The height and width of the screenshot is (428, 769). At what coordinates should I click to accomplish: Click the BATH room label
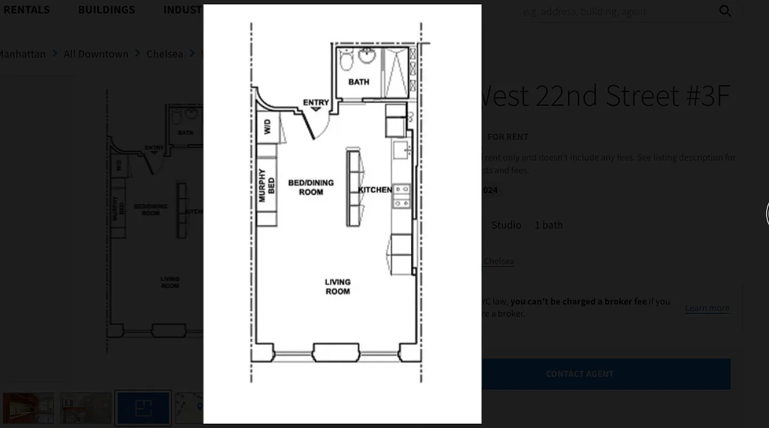pyautogui.click(x=359, y=82)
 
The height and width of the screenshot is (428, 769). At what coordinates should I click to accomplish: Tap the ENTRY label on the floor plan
pyautogui.click(x=316, y=102)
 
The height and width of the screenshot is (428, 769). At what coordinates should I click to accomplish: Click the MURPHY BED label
pyautogui.click(x=267, y=186)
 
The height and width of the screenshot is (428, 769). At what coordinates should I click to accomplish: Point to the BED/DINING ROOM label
pyautogui.click(x=311, y=187)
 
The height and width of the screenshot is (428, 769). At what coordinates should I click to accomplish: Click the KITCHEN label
pyautogui.click(x=375, y=189)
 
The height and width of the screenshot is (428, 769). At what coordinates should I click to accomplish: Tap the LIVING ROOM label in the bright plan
pyautogui.click(x=337, y=286)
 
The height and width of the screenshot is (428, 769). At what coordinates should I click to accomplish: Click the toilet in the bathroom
pyautogui.click(x=346, y=60)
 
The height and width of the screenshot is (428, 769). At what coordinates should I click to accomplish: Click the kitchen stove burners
pyautogui.click(x=402, y=196)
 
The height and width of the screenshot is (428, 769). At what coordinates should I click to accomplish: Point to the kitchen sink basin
pyautogui.click(x=400, y=151)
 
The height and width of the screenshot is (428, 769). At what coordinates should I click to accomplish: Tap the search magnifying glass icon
pyautogui.click(x=725, y=11)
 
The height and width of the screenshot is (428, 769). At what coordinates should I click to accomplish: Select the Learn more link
pyautogui.click(x=706, y=308)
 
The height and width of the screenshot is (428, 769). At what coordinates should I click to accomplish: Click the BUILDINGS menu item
pyautogui.click(x=106, y=10)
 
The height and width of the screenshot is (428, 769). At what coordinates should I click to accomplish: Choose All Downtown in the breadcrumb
pyautogui.click(x=96, y=53)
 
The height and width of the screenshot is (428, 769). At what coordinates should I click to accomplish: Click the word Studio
pyautogui.click(x=506, y=225)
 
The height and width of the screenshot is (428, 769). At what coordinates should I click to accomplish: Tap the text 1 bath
pyautogui.click(x=549, y=225)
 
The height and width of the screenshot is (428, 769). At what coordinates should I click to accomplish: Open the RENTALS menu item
pyautogui.click(x=26, y=10)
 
